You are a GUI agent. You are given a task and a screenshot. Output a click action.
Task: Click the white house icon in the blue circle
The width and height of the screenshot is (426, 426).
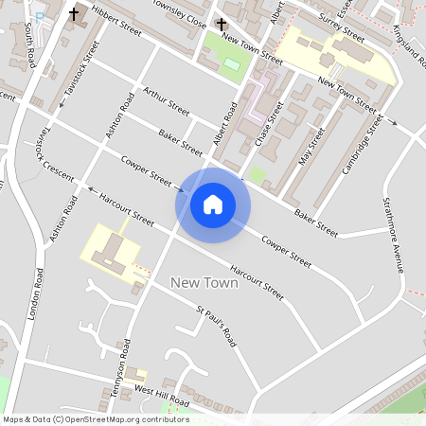(213, 204)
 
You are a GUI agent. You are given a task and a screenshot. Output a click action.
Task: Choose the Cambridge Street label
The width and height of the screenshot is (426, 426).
(363, 145)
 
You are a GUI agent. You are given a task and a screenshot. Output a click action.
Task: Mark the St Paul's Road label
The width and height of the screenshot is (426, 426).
(215, 325)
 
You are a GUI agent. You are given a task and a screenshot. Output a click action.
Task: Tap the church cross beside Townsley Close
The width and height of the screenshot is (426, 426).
(222, 24)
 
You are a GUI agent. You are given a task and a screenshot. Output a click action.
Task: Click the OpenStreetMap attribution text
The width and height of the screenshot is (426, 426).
(96, 419)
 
